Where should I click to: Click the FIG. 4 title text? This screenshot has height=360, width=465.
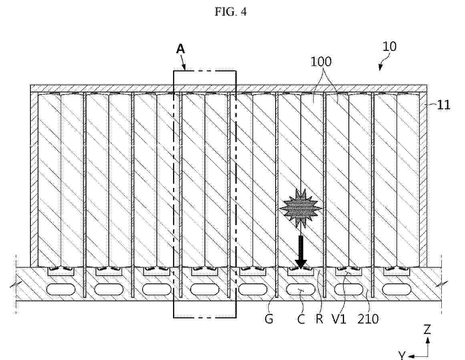pyautogui.click(x=230, y=12)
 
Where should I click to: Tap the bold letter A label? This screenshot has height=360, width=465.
pyautogui.click(x=180, y=49)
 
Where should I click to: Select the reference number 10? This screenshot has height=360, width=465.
pyautogui.click(x=389, y=47)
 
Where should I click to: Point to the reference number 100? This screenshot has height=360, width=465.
pyautogui.click(x=321, y=62)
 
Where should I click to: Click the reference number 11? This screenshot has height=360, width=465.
pyautogui.click(x=444, y=105)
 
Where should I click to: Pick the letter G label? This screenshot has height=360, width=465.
pyautogui.click(x=269, y=319)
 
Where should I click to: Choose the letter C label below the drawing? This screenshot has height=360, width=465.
pyautogui.click(x=301, y=320)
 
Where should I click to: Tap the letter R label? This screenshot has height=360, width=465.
pyautogui.click(x=319, y=319)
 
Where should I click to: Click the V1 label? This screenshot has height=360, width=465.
pyautogui.click(x=339, y=319)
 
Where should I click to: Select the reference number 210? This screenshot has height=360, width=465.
pyautogui.click(x=368, y=319)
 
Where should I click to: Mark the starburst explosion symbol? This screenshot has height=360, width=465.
pyautogui.click(x=301, y=208)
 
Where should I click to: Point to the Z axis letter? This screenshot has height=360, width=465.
pyautogui.click(x=427, y=330)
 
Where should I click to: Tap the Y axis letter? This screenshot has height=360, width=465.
pyautogui.click(x=402, y=355)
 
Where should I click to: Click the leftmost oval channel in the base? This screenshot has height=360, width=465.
pyautogui.click(x=61, y=289)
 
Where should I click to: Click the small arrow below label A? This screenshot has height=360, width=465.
pyautogui.click(x=183, y=62)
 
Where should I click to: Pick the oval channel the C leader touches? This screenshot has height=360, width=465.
pyautogui.click(x=301, y=289)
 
